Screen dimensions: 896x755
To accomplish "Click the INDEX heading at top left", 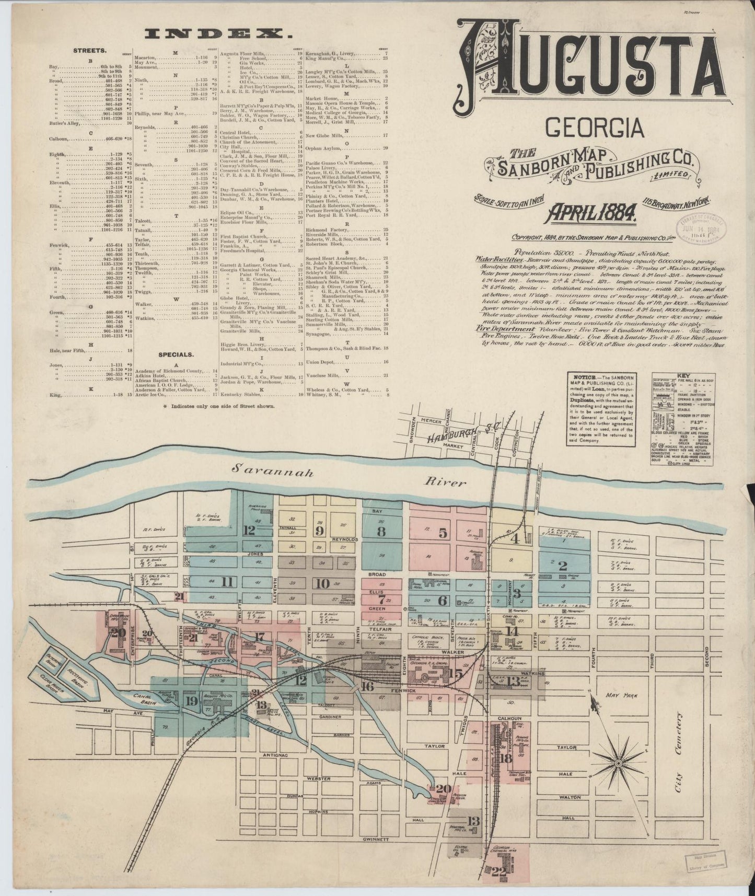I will [x=218, y=35].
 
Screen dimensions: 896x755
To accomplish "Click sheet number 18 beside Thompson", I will [x=506, y=758].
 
